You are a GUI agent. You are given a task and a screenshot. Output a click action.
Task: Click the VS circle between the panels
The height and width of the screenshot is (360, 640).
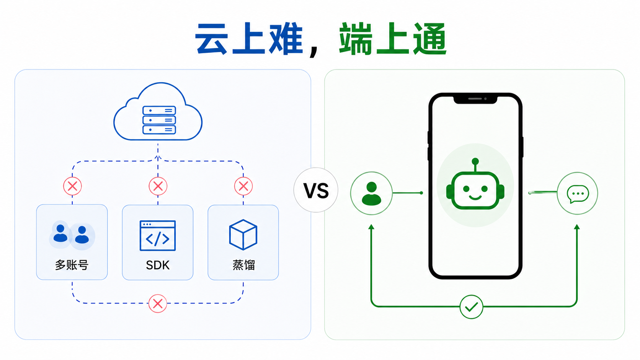[316, 190]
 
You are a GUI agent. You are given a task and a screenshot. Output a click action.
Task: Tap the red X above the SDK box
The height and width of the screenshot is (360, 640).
[158, 186]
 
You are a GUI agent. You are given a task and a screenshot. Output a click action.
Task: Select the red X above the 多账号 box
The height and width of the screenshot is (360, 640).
[72, 186]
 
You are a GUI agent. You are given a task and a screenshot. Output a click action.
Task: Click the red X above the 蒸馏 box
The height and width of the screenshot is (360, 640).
[243, 186]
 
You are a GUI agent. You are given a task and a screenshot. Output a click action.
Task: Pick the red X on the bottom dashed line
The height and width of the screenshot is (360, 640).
[157, 303]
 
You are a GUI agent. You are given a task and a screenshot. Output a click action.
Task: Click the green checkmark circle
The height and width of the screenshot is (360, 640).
[471, 307]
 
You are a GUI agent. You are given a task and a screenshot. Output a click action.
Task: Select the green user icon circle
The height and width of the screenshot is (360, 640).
[371, 193]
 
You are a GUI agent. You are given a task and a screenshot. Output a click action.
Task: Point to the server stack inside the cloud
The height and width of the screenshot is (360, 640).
[159, 120]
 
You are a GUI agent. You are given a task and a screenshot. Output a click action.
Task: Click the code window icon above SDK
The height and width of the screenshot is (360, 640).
[158, 236]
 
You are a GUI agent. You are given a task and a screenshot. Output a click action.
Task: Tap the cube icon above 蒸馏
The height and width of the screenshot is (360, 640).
[243, 235]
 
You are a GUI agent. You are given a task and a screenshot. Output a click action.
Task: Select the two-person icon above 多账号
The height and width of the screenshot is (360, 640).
[72, 235]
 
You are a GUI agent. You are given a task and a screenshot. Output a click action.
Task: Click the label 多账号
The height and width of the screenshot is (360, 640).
[72, 265]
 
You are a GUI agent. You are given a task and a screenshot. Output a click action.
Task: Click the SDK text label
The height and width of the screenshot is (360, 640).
[158, 265]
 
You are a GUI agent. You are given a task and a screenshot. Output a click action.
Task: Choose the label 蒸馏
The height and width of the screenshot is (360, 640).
[243, 265]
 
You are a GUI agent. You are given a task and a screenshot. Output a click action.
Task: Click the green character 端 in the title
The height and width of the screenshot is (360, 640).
[356, 39]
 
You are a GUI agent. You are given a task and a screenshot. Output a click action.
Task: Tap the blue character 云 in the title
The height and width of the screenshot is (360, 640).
[211, 39]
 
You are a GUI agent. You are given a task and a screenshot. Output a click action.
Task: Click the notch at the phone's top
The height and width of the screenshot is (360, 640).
[475, 99]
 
